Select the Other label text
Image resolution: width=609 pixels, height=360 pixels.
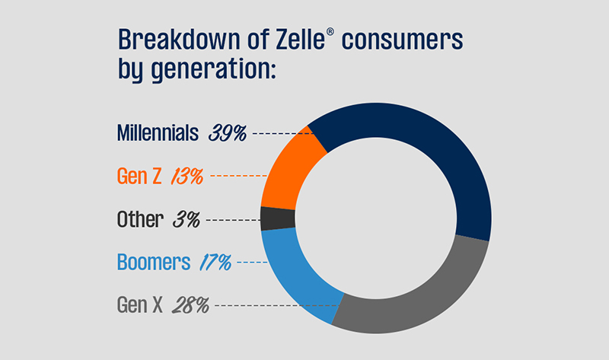click(x=140, y=220)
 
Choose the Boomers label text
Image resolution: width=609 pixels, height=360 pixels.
click(x=153, y=263)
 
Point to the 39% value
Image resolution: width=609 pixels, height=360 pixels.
click(x=228, y=133)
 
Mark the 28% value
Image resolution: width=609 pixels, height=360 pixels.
click(x=193, y=306)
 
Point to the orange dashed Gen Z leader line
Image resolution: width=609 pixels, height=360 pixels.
click(x=233, y=176)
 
